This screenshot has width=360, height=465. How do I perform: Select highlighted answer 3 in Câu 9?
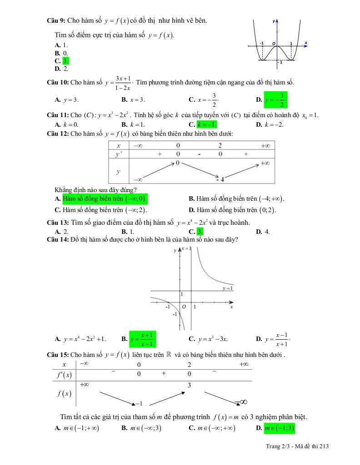[x=65, y=61]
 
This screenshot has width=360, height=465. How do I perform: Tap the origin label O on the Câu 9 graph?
[x=274, y=43]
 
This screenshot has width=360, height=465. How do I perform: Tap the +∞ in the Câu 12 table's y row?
[x=266, y=163]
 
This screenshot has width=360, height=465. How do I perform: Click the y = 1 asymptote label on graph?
[x=227, y=288]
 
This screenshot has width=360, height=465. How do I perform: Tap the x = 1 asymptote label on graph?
[x=185, y=248]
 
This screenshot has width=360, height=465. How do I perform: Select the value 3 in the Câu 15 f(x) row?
[x=189, y=385]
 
